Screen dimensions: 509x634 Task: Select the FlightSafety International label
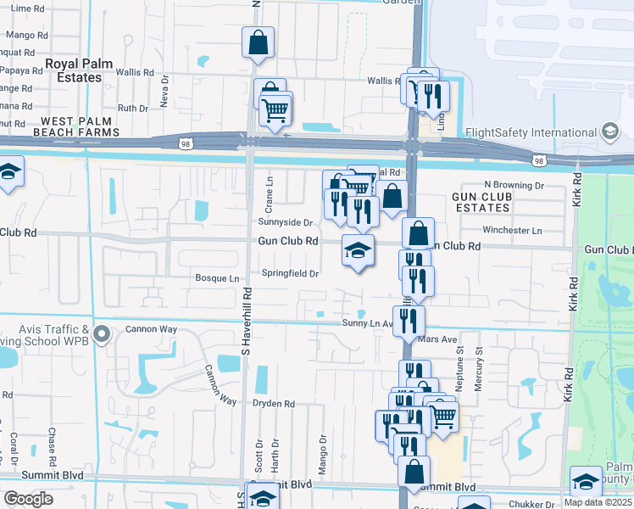(531, 132)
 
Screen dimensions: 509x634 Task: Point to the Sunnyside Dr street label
(286, 222)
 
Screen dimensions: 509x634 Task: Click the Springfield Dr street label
(290, 273)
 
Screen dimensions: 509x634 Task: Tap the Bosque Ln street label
(217, 277)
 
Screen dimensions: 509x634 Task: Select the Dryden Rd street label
(272, 405)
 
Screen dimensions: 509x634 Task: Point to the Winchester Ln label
(512, 230)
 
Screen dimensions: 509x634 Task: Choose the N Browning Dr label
(514, 184)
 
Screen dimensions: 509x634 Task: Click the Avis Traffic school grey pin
(103, 333)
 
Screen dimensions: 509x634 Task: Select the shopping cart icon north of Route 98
(275, 109)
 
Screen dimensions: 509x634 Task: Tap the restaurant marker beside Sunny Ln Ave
(409, 320)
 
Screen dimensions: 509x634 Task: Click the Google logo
(29, 499)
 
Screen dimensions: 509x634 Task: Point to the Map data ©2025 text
(598, 501)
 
